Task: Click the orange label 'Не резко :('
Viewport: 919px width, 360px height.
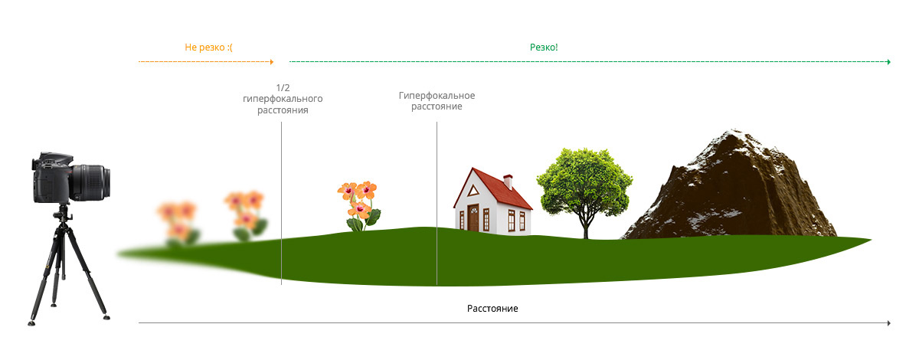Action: (x=208, y=47)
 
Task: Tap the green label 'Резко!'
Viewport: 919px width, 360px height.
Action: (x=544, y=47)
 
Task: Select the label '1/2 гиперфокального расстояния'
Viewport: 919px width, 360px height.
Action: (x=281, y=99)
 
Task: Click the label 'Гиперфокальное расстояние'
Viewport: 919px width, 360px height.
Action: (x=437, y=101)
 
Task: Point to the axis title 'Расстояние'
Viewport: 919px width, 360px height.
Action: (x=492, y=309)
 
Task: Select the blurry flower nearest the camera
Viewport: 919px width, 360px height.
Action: (x=176, y=218)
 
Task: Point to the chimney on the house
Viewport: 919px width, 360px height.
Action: (x=508, y=181)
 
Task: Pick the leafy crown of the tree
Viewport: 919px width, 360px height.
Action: (x=586, y=176)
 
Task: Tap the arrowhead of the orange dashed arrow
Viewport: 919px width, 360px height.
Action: (x=272, y=61)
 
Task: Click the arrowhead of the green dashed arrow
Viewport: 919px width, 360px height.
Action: (x=888, y=61)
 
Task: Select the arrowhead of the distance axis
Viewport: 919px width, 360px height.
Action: (x=888, y=323)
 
